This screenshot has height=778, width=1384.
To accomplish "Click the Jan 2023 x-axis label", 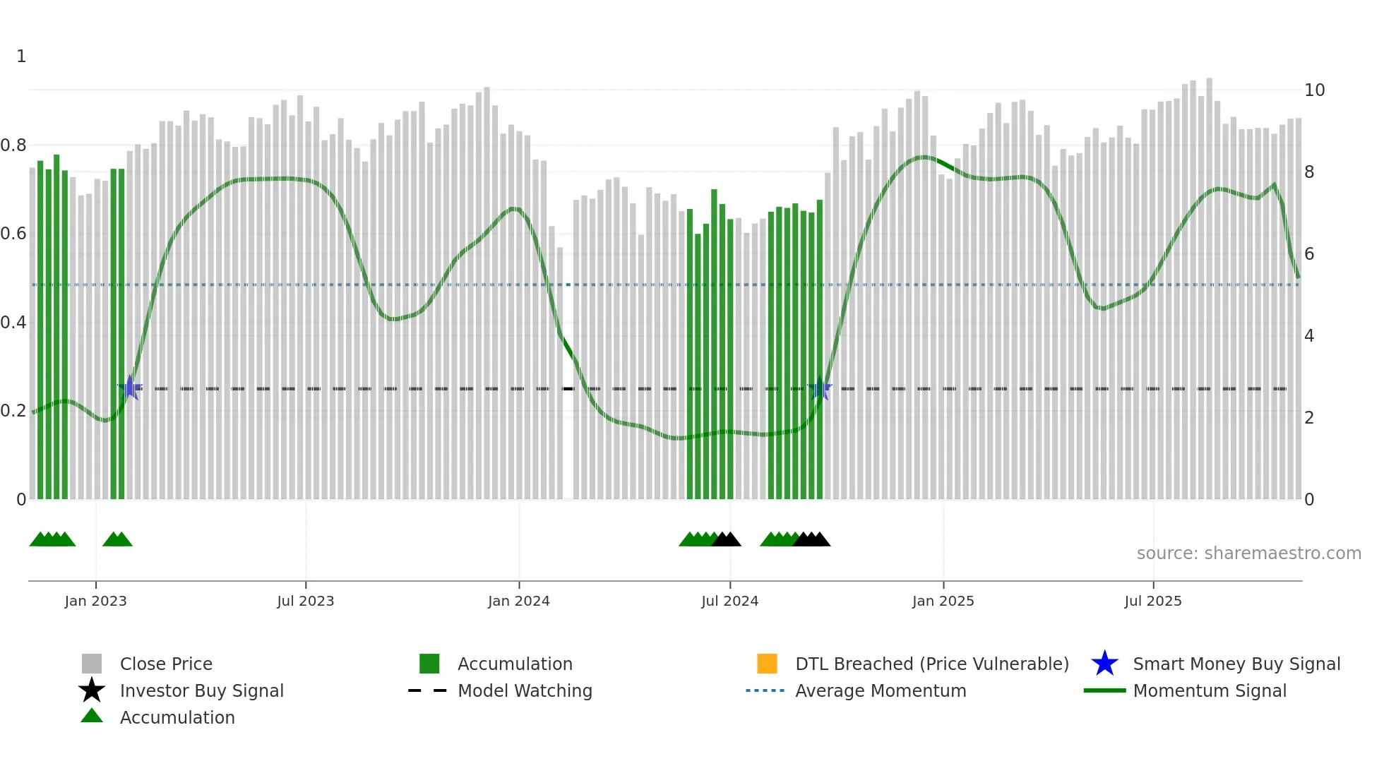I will click(95, 601).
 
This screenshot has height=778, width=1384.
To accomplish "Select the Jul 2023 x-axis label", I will click(305, 601).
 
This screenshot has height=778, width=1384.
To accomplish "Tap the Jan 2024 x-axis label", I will click(518, 601).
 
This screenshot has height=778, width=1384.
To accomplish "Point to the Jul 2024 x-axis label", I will click(729, 601).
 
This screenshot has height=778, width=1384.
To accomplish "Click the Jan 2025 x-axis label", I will click(943, 601).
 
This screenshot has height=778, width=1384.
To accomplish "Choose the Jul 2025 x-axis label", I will click(1152, 601).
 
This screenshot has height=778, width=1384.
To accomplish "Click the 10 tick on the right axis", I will click(1314, 90).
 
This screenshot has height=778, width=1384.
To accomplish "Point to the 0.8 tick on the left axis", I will click(13, 145).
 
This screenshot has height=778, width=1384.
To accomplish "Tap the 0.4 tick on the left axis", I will click(13, 323).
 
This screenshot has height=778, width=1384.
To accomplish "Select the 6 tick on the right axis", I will click(1309, 254).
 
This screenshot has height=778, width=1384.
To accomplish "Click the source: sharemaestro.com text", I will click(1248, 553).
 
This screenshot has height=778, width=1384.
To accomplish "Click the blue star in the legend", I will click(1104, 664).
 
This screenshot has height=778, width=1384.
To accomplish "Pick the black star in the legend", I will click(92, 690).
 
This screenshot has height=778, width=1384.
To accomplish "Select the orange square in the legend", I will click(767, 664).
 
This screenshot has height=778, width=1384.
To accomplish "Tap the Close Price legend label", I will click(166, 664).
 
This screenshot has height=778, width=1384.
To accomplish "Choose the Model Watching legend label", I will click(525, 691).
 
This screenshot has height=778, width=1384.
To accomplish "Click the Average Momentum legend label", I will click(881, 691).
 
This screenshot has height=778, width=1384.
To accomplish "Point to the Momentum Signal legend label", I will click(1210, 691).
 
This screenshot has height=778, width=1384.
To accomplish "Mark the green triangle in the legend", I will click(92, 716).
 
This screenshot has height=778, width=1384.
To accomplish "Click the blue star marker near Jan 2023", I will click(130, 388).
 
